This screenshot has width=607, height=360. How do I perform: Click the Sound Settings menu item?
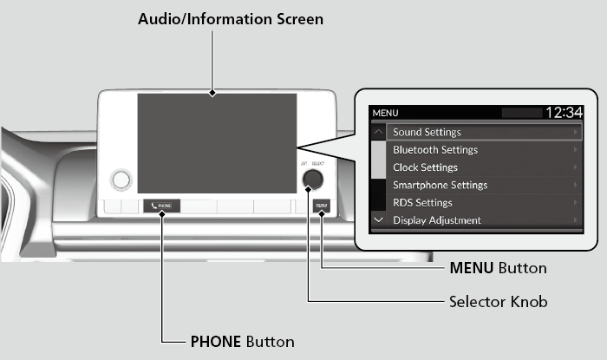pyautogui.click(x=427, y=133)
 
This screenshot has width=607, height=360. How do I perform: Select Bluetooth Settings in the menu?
pyautogui.click(x=435, y=150)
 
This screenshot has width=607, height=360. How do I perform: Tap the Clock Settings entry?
pyautogui.click(x=425, y=167)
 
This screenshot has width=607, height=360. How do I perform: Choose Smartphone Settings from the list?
pyautogui.click(x=440, y=185)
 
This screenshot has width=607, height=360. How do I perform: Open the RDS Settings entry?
pyautogui.click(x=422, y=203)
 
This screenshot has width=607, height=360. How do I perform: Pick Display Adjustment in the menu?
pyautogui.click(x=437, y=220)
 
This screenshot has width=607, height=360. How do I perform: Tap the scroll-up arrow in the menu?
pyautogui.click(x=378, y=133)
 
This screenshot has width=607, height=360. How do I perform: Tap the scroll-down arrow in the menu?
pyautogui.click(x=378, y=220)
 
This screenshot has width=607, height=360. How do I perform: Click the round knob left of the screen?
pyautogui.click(x=121, y=180)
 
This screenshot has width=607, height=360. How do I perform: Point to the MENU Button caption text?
pyautogui.click(x=498, y=268)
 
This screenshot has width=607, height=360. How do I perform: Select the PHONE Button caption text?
pyautogui.click(x=242, y=341)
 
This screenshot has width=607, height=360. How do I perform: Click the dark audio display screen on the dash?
pyautogui.click(x=216, y=143)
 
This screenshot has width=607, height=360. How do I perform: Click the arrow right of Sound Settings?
pyautogui.click(x=575, y=133)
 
